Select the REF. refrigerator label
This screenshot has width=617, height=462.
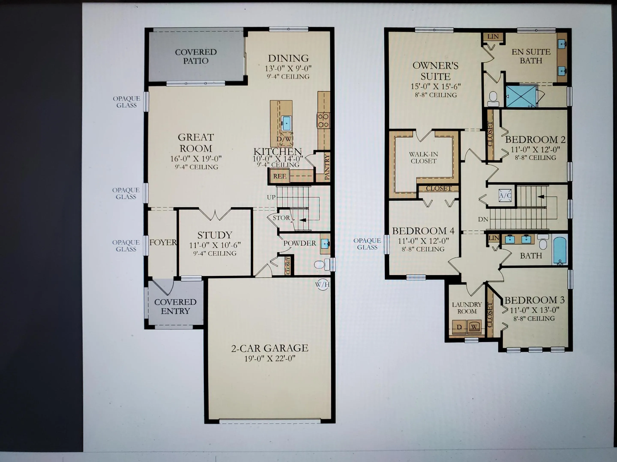[280, 176]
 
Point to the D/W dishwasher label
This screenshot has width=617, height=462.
[284, 139]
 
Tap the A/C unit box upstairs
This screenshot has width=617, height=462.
[505, 195]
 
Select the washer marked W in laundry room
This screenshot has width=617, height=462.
[474, 327]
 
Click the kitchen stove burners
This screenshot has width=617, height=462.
[323, 120]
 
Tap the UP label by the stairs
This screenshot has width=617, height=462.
[271, 197]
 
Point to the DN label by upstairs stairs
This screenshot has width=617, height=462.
[483, 219]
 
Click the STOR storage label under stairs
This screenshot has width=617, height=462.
[281, 218]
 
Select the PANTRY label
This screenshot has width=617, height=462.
[327, 167]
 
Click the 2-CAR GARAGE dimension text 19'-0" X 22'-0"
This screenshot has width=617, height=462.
[270, 359]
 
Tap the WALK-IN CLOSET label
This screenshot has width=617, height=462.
[423, 158]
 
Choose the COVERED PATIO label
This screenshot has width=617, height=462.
[196, 56]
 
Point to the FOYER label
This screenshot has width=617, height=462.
[163, 243]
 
